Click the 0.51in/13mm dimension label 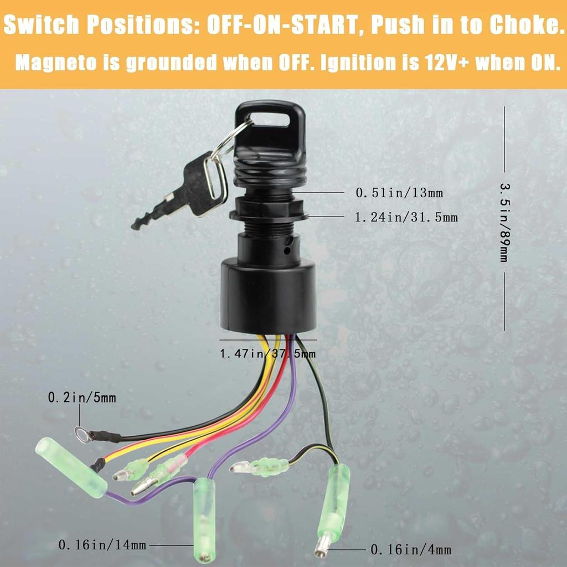tap(399, 193)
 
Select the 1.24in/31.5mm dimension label tap(406, 218)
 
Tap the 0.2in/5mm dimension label tap(82, 398)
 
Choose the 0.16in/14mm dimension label tap(102, 545)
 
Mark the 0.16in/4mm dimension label tap(410, 550)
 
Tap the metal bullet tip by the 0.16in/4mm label tap(321, 546)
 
